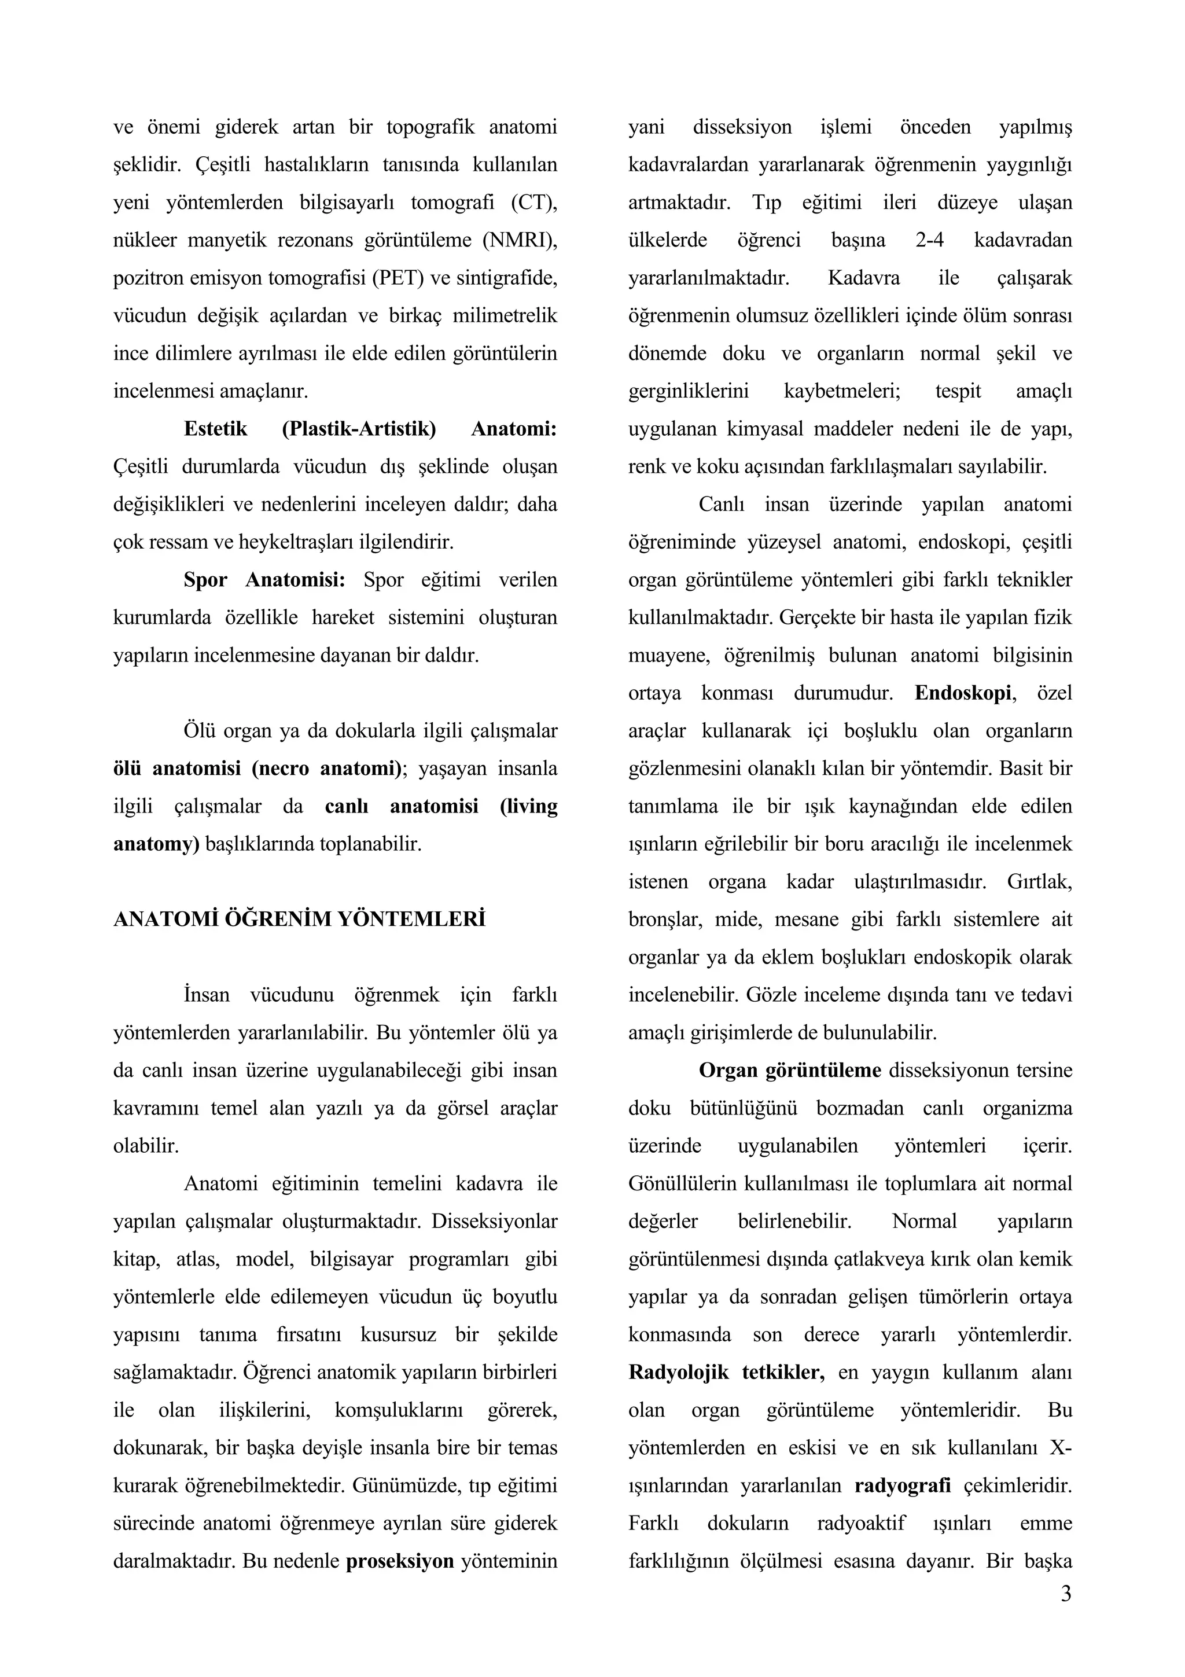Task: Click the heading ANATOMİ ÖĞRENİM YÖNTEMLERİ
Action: (299, 919)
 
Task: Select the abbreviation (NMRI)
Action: (519, 240)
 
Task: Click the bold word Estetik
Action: (216, 429)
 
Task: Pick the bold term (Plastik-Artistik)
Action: (359, 429)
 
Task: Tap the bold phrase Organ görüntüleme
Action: (790, 1070)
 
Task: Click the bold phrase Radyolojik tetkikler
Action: (727, 1373)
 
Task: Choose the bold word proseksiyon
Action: (400, 1561)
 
